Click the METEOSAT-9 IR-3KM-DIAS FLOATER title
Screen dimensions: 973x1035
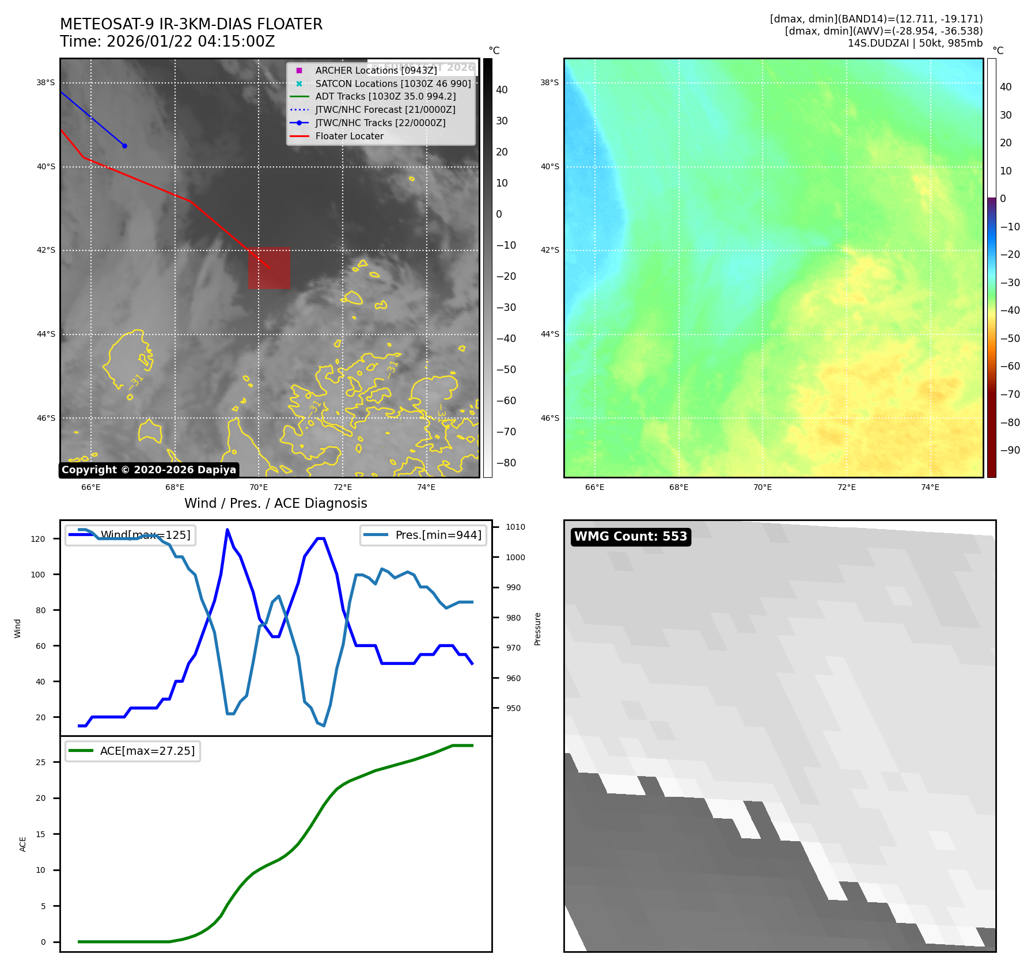click(x=191, y=24)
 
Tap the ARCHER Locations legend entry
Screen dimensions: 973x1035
click(x=376, y=70)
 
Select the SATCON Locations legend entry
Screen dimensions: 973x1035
click(x=393, y=83)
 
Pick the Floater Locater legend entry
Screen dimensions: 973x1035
click(x=349, y=136)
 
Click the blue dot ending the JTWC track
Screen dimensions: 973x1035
click(x=124, y=146)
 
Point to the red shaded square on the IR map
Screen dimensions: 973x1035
click(x=269, y=268)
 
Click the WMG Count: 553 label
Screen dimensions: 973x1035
click(x=631, y=537)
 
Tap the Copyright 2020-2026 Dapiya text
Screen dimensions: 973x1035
click(x=149, y=470)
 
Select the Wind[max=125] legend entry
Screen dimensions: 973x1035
click(x=145, y=535)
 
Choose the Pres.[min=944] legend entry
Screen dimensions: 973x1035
click(x=438, y=535)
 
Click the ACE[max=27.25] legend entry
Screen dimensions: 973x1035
click(x=147, y=751)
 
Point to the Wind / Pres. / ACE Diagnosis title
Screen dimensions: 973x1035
click(x=275, y=503)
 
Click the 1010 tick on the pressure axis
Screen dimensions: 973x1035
click(x=515, y=527)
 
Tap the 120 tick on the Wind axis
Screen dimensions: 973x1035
click(x=38, y=539)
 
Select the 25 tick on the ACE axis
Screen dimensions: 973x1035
click(x=40, y=762)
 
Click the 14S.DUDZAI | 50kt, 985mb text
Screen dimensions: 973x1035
click(x=915, y=43)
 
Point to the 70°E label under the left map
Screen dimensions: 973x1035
click(x=259, y=487)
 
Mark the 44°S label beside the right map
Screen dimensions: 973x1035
click(x=549, y=334)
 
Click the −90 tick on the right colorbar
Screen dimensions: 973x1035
click(x=1010, y=450)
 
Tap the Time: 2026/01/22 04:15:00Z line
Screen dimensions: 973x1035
click(x=168, y=41)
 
